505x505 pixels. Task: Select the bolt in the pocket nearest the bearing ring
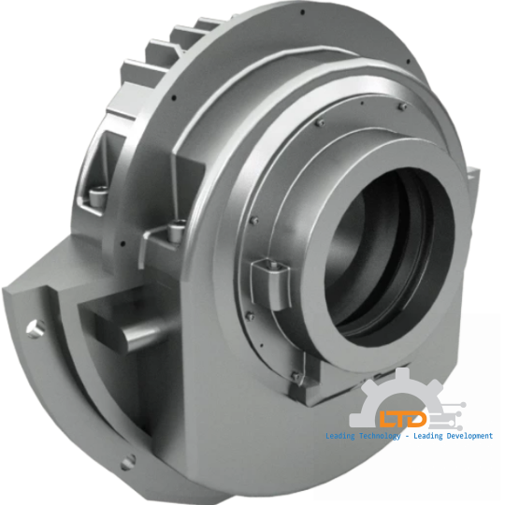[x=177, y=228]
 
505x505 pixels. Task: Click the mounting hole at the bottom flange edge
[x=130, y=459]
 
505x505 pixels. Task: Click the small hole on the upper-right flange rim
[x=408, y=65]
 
